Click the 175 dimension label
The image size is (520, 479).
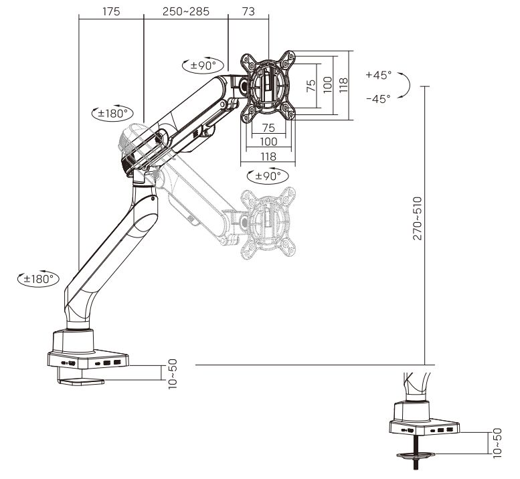pos(112,11)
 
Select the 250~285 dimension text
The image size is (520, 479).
pos(185,11)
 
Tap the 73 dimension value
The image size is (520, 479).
pos(248,11)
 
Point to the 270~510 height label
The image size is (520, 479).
pos(418,218)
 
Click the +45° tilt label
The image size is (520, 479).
pos(378,75)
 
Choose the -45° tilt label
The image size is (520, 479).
pos(378,98)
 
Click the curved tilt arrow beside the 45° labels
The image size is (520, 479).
pos(404,86)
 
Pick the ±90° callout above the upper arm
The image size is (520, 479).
pos(201,65)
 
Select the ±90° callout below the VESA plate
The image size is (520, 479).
pos(267,176)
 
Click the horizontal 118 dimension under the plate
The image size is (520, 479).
pos(268,156)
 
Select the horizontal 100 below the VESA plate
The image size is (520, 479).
pos(268,141)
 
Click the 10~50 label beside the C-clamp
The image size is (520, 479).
pos(173,374)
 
